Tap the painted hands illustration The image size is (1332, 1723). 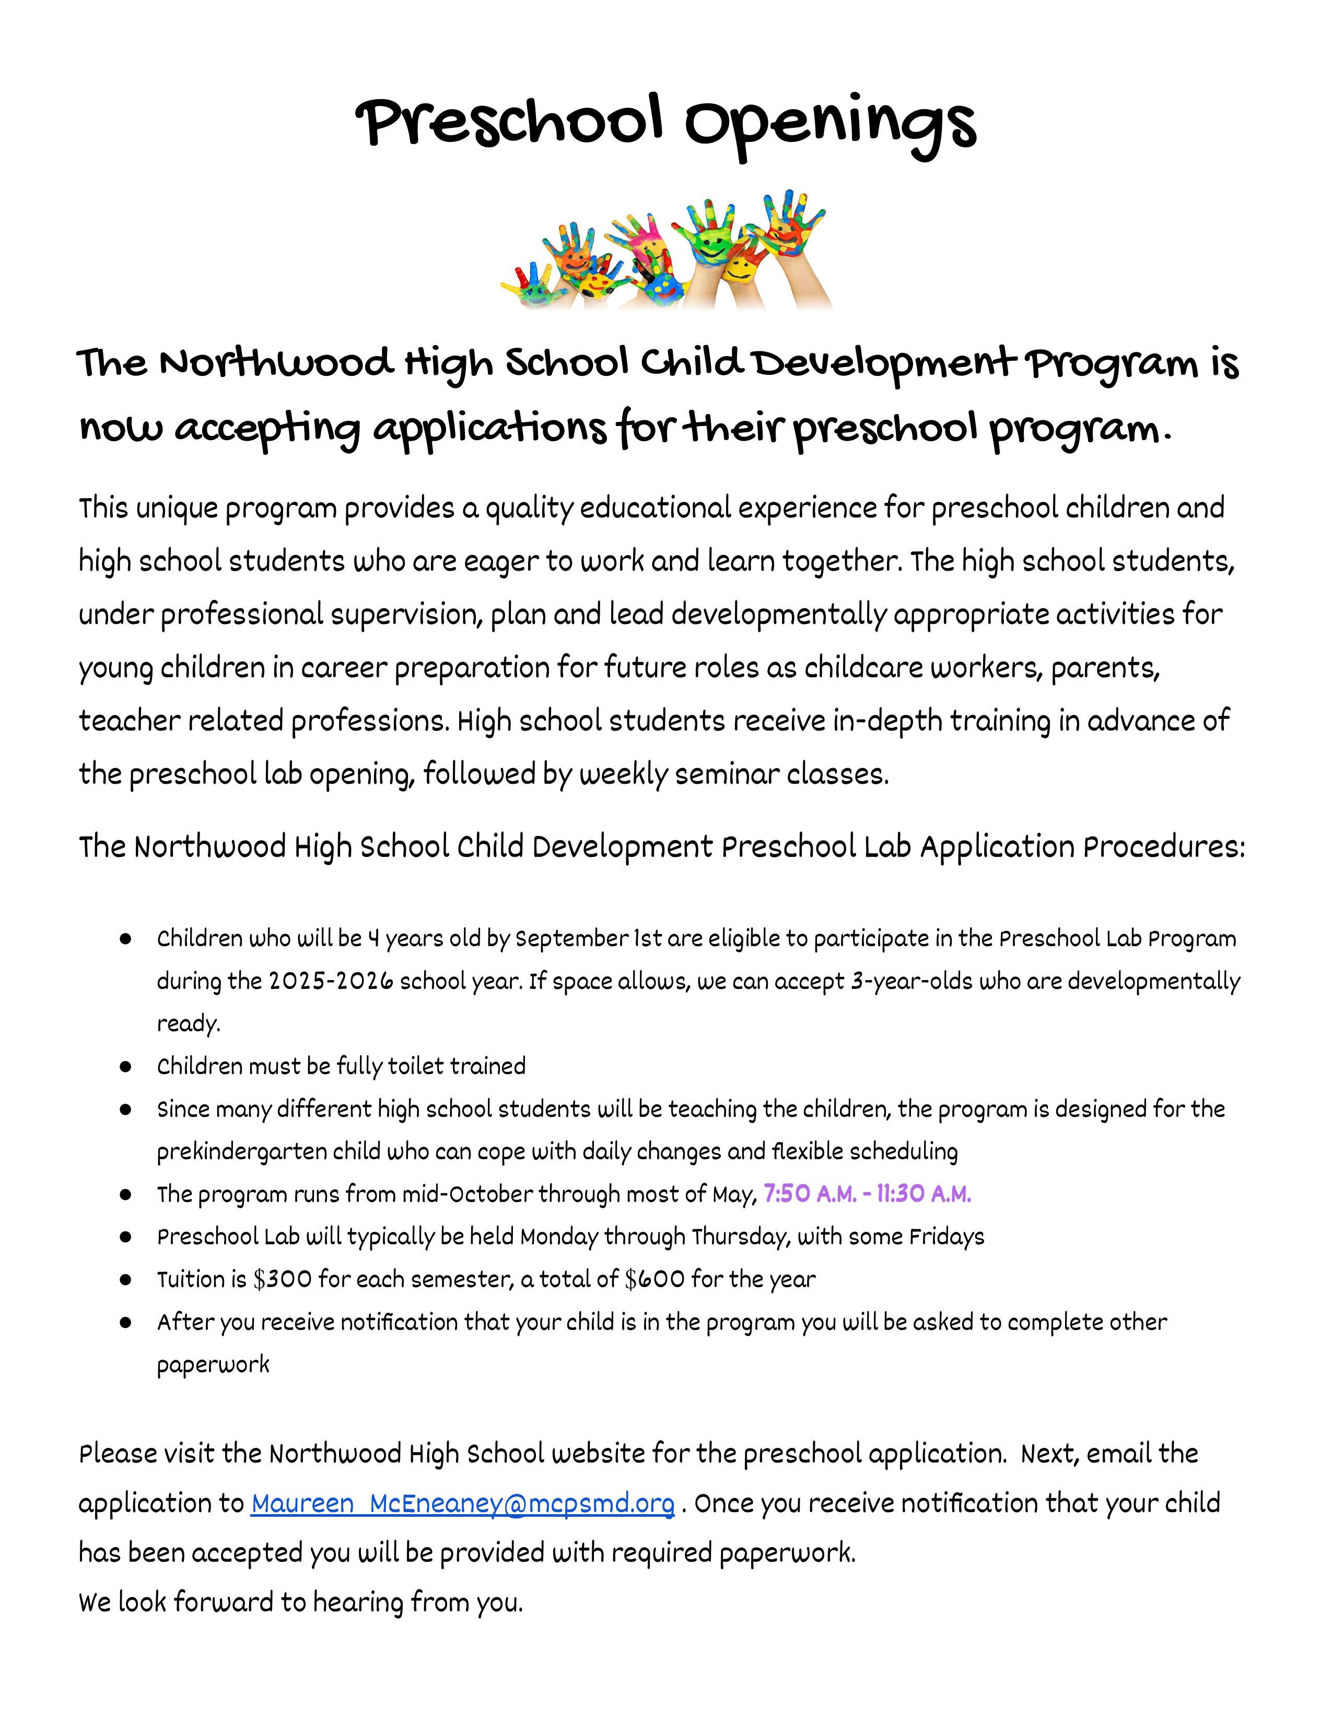click(x=665, y=249)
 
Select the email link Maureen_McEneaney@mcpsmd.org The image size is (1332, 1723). click(x=462, y=1504)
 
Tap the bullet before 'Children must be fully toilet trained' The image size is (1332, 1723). click(x=125, y=1067)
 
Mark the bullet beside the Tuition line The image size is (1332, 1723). click(x=125, y=1280)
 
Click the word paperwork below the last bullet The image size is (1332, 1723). click(x=213, y=1365)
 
